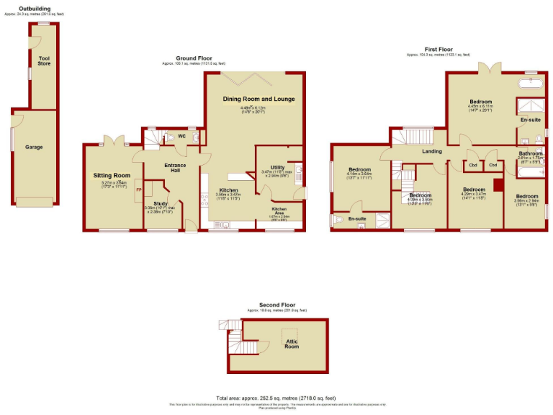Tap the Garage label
coord(35,147)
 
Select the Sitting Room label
coord(112,175)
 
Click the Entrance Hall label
coord(175,168)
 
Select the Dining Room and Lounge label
coord(258,99)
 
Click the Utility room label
coord(277,167)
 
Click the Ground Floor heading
coord(194,58)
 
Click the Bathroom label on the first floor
coord(531,153)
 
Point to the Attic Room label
coord(292,344)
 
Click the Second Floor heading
coord(277,305)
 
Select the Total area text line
coord(276,398)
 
